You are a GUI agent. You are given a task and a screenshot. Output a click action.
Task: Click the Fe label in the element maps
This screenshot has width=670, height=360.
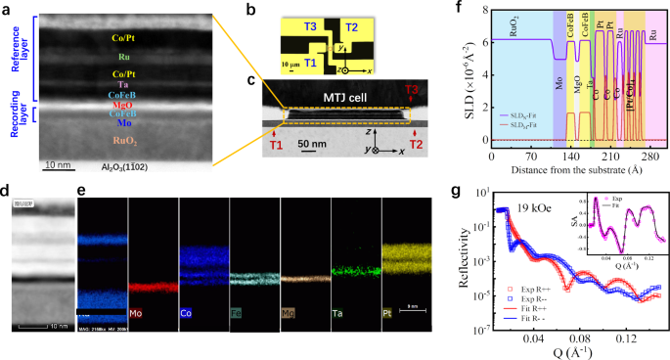(x=237, y=315)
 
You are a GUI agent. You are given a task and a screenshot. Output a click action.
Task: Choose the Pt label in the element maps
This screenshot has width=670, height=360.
(x=389, y=315)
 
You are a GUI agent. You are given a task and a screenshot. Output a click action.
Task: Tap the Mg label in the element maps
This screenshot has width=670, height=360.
(x=287, y=315)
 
